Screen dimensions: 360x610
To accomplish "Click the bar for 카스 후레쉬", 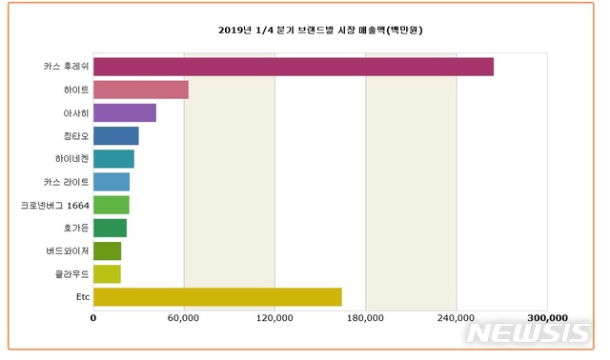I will [294, 66].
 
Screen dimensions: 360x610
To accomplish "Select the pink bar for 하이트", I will [141, 90].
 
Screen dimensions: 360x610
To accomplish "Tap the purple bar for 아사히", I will [125, 112].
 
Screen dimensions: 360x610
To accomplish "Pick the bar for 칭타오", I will [116, 135].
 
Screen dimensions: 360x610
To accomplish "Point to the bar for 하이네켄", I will [113, 158].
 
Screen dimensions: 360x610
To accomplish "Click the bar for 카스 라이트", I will [112, 181].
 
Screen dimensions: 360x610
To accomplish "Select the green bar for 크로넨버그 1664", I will [112, 205].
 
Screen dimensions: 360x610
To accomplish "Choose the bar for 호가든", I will [110, 228].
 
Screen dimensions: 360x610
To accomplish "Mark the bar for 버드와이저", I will [107, 250].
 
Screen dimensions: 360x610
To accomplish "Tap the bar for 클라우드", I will [107, 274].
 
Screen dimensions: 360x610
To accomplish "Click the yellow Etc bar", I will [217, 297].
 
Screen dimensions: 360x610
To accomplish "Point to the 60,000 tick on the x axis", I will [183, 318].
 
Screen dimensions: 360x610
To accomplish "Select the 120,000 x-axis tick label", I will [274, 318].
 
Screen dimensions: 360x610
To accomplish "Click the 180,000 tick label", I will [365, 318].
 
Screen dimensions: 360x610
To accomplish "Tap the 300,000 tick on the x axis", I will [547, 318].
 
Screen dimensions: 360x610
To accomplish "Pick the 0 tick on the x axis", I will [93, 318].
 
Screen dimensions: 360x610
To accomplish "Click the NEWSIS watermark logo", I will [530, 332].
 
